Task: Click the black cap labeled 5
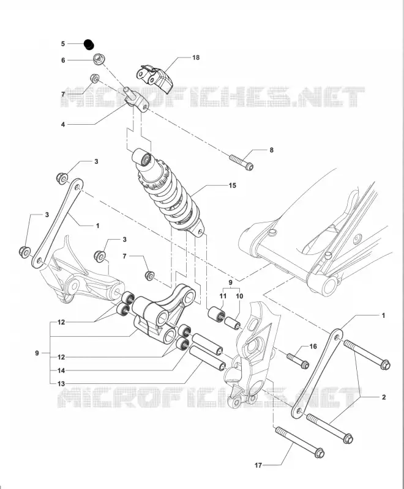click(x=89, y=44)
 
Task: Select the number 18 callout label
click(x=196, y=57)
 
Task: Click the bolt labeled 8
click(x=241, y=162)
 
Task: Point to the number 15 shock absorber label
click(x=232, y=185)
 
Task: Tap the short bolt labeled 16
click(x=298, y=360)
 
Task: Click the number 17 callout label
click(x=258, y=465)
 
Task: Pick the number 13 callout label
click(x=61, y=384)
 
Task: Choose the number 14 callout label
click(x=61, y=370)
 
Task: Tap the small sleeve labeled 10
click(x=233, y=323)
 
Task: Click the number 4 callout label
click(x=63, y=125)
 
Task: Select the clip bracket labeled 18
click(x=154, y=78)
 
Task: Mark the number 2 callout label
click(x=384, y=397)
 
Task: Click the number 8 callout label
click(x=271, y=150)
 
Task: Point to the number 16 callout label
click(x=313, y=346)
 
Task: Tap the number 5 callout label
click(x=63, y=43)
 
